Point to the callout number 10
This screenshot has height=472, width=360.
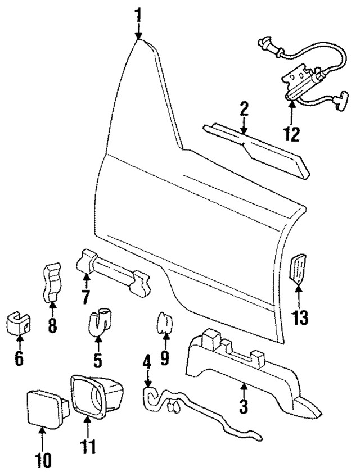tap(43, 459)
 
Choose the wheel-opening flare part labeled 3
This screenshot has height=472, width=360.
tap(242, 360)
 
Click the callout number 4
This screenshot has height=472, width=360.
tap(147, 361)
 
